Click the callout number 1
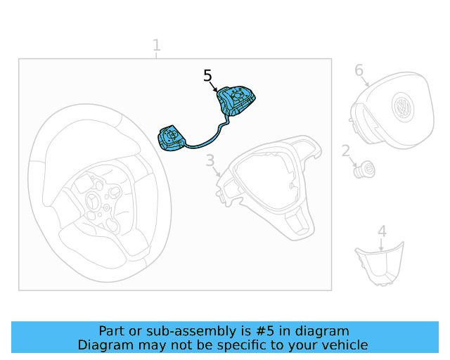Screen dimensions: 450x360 156,46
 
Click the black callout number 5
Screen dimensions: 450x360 207,76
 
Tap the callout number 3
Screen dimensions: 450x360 210,160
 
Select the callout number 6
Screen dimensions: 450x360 359,70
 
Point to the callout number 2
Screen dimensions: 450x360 346,150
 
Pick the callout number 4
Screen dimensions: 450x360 382,231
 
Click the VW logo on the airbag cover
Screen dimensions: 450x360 403,107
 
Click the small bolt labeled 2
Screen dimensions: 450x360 364,169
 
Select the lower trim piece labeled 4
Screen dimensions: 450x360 380,264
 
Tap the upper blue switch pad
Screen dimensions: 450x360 236,101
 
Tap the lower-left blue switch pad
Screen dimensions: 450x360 172,138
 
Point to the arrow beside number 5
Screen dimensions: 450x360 213,86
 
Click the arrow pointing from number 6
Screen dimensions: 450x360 365,82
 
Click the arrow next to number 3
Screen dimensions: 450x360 217,172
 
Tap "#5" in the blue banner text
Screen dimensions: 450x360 264,331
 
